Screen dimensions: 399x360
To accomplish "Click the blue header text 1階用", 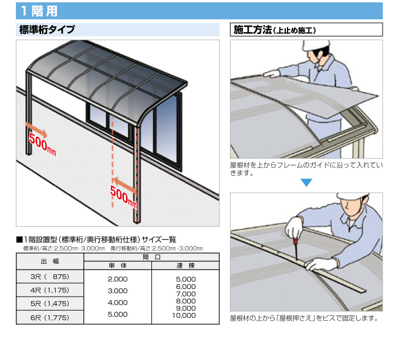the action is (39, 11).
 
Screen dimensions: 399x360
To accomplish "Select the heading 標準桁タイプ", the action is (47, 29).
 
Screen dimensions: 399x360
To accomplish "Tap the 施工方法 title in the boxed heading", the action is (253, 30).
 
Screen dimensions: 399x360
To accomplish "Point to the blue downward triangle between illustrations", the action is (306, 182).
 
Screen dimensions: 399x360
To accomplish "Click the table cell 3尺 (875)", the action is (50, 277).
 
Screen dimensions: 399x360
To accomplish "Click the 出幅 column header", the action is (50, 261).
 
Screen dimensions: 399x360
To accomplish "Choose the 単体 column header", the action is (117, 265).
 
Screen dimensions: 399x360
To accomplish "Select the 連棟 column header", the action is (185, 265).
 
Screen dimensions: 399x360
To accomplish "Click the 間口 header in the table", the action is (151, 257).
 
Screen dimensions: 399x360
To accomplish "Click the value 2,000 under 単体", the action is (117, 279).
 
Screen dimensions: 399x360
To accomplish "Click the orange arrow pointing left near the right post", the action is (124, 184).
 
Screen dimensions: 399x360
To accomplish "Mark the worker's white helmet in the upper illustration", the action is (316, 45).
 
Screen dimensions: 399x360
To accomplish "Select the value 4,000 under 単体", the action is (117, 302).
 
